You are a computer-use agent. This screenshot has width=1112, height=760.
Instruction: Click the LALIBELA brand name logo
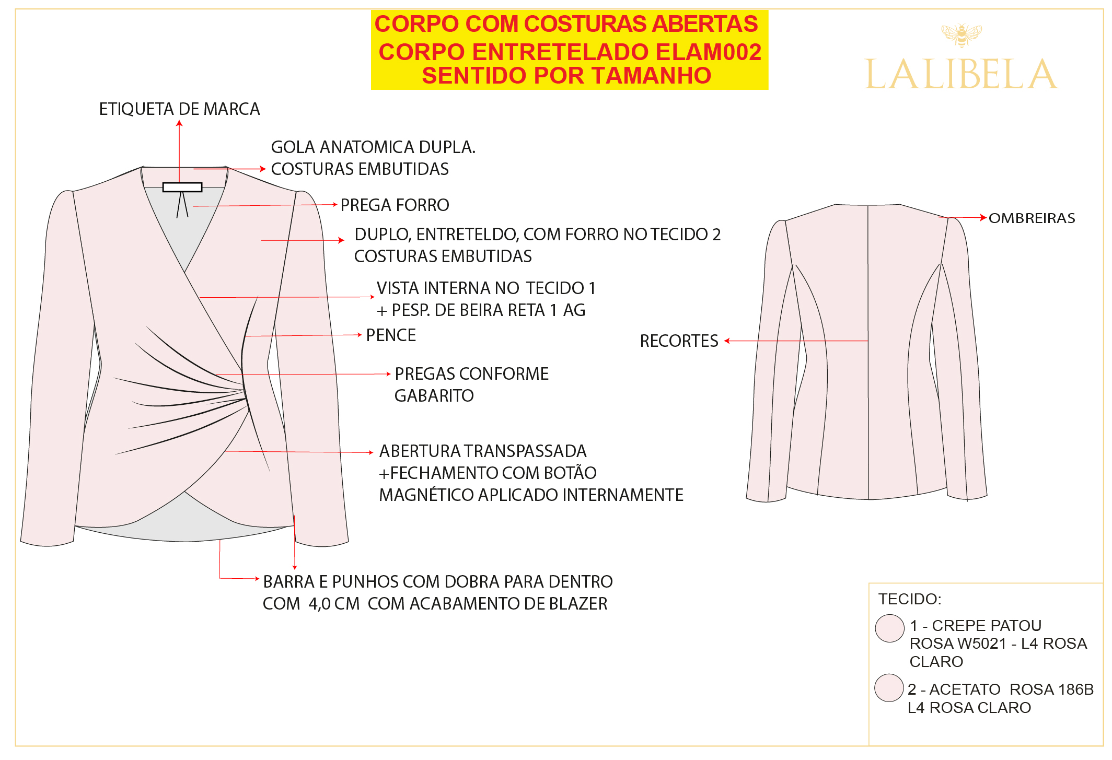tap(962, 74)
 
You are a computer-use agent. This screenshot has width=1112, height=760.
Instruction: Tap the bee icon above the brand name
tap(962, 35)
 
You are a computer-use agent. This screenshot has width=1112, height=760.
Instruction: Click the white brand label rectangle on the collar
tap(182, 187)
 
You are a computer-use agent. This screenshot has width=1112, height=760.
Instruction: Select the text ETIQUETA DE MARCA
tap(179, 109)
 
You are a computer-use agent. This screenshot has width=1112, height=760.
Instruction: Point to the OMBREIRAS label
tap(1032, 218)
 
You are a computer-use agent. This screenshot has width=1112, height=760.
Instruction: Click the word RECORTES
tap(679, 341)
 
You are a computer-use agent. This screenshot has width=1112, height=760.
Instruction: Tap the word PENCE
tap(391, 335)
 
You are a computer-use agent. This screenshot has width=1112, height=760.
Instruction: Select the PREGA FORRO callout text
tap(395, 205)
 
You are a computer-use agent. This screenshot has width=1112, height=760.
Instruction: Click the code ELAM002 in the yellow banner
tap(708, 52)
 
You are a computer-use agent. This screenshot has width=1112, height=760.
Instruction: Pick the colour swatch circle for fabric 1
tap(890, 628)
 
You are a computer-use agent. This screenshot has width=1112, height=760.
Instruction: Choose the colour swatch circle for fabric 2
tap(889, 687)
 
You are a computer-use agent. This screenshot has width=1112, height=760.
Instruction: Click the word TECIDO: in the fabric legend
tap(910, 599)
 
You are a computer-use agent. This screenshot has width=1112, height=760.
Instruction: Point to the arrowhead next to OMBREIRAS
tap(983, 217)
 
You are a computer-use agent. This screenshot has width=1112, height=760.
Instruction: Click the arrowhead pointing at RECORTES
tap(727, 341)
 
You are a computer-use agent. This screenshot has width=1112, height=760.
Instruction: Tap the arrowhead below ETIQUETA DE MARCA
tap(179, 123)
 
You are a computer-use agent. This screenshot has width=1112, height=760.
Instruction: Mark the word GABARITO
tap(434, 396)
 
